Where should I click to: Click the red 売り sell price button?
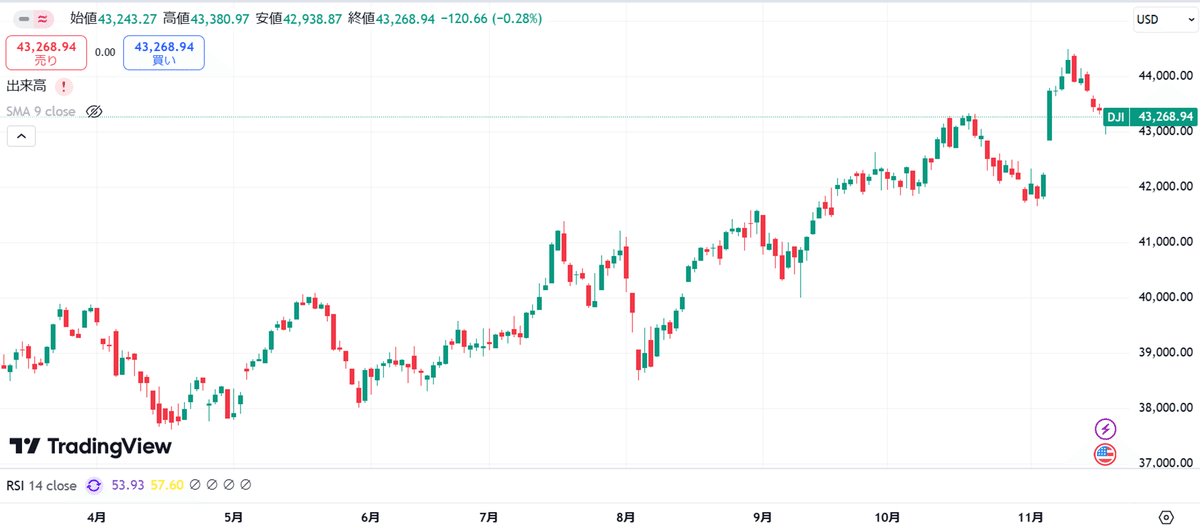pyautogui.click(x=46, y=53)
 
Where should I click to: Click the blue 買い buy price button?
pyautogui.click(x=164, y=53)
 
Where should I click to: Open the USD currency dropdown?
pyautogui.click(x=1166, y=19)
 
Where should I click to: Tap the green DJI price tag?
pyautogui.click(x=1150, y=117)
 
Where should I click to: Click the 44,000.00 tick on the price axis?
pyautogui.click(x=1166, y=76)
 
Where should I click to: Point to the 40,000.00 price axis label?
pyautogui.click(x=1166, y=297)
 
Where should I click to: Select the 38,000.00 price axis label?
pyautogui.click(x=1166, y=408)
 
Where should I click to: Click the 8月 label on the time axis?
pyautogui.click(x=626, y=517)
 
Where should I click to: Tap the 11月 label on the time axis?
pyautogui.click(x=1031, y=517)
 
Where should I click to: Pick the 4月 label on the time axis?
pyautogui.click(x=96, y=517)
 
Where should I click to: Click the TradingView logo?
pyautogui.click(x=91, y=446)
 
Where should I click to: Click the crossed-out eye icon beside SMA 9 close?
pyautogui.click(x=94, y=111)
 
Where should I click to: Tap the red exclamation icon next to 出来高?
pyautogui.click(x=64, y=86)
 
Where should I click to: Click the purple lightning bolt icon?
pyautogui.click(x=1105, y=429)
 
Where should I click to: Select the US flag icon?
pyautogui.click(x=1105, y=454)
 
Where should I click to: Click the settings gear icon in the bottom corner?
pyautogui.click(x=1166, y=517)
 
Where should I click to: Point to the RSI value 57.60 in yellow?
pyautogui.click(x=167, y=485)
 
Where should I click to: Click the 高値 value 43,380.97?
pyautogui.click(x=220, y=19)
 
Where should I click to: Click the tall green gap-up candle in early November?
pyautogui.click(x=1049, y=116)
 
